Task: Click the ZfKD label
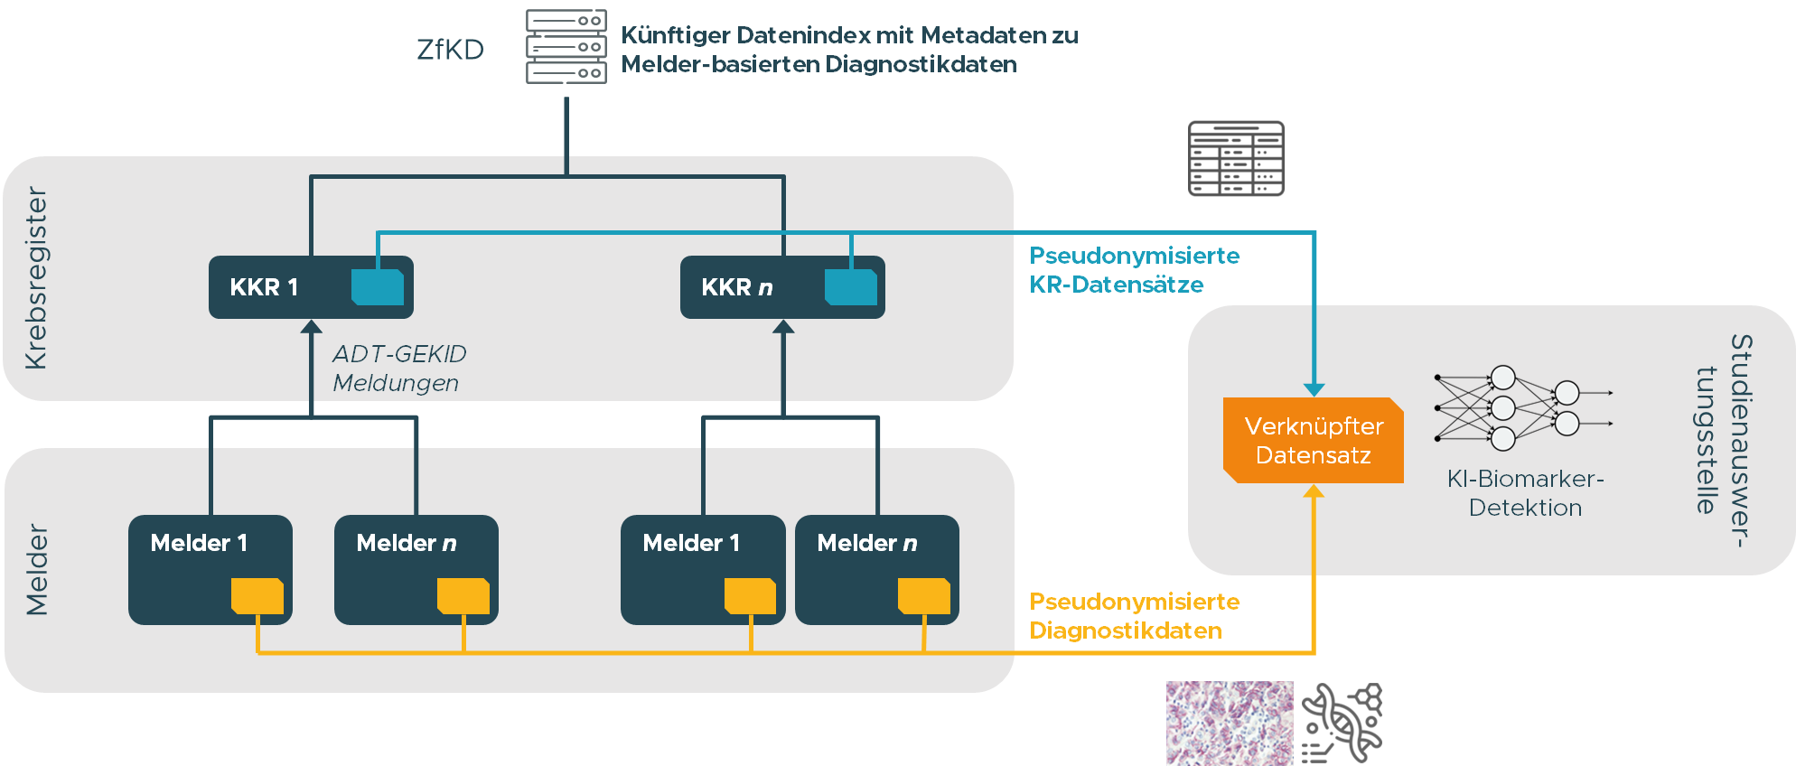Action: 450,50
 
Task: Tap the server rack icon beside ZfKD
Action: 566,47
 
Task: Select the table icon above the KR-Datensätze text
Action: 1236,159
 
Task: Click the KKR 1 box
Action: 311,287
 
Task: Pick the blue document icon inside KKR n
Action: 851,286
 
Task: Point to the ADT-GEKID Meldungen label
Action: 399,369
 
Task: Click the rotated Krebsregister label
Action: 36,278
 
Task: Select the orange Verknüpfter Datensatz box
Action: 1314,441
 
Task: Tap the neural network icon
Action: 1523,408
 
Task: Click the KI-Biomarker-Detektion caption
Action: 1525,493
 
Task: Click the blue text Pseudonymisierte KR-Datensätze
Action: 1134,270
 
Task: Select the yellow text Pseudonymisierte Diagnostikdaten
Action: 1134,616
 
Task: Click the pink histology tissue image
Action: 1230,723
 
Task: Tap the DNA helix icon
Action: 1342,723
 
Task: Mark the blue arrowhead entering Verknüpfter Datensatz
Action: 1314,389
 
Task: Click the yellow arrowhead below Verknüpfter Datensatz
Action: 1314,490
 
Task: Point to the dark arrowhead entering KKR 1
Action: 312,326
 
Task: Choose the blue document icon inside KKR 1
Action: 378,286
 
